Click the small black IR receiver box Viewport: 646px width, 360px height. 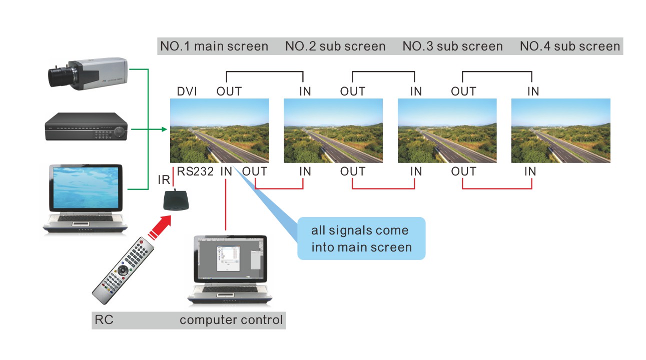point(176,200)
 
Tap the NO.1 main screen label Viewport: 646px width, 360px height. point(214,46)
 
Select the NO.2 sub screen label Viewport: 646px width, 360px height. point(335,46)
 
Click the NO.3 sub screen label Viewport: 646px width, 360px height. point(452,46)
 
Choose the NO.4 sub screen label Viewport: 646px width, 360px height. point(570,46)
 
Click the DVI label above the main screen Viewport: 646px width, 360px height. point(187,91)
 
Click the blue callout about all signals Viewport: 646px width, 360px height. point(361,238)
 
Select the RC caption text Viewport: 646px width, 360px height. point(104,320)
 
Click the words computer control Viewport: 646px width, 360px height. point(231,320)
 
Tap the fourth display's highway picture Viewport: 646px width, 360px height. point(560,130)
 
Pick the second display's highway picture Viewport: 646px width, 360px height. point(333,130)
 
